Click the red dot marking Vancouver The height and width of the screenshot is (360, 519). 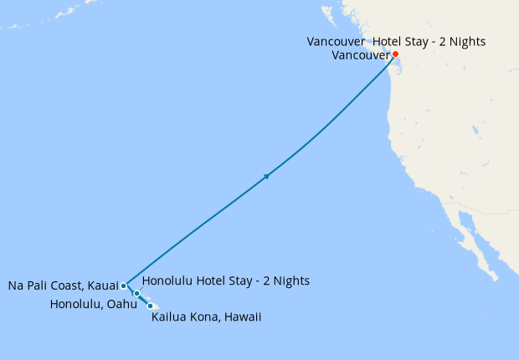pyautogui.click(x=395, y=54)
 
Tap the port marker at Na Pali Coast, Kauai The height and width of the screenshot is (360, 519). pyautogui.click(x=124, y=285)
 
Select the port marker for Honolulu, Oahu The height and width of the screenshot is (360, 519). pyautogui.click(x=136, y=294)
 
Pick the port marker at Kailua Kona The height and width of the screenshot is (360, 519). pyautogui.click(x=151, y=306)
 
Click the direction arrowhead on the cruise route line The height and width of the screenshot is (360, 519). pyautogui.click(x=267, y=176)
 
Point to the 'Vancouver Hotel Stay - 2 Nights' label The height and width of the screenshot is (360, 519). pyautogui.click(x=396, y=41)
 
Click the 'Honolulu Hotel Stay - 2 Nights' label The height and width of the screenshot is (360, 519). pyautogui.click(x=226, y=280)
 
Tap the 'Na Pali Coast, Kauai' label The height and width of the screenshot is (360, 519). pyautogui.click(x=64, y=286)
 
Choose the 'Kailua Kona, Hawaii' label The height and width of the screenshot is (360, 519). pyautogui.click(x=207, y=317)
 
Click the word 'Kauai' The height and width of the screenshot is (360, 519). pyautogui.click(x=102, y=286)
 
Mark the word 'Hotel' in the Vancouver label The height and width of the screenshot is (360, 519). pyautogui.click(x=383, y=41)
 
